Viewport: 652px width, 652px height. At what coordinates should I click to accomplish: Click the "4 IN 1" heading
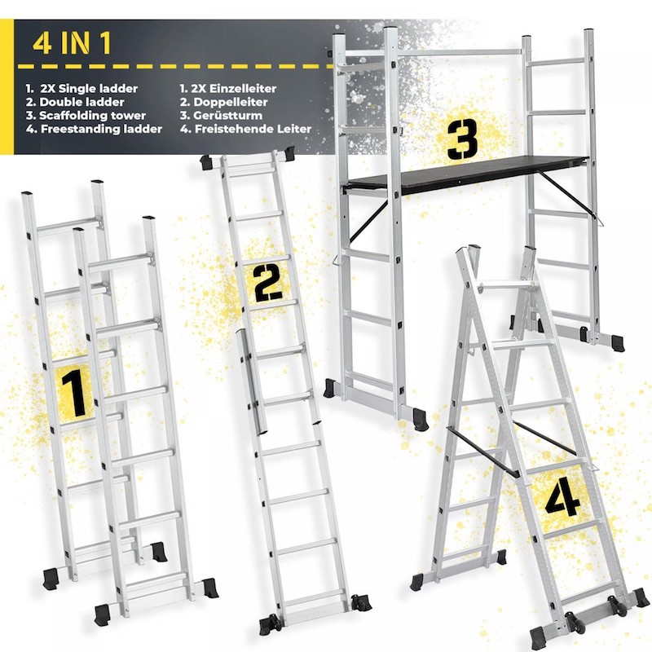click(72, 43)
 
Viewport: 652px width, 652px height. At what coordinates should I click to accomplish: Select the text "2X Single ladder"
click(89, 89)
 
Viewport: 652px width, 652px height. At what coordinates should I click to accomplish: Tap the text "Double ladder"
click(81, 102)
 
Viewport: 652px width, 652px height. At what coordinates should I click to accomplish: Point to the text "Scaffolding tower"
click(92, 115)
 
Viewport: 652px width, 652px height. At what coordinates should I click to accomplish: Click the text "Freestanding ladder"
click(101, 129)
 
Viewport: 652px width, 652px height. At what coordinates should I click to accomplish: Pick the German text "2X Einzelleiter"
click(235, 89)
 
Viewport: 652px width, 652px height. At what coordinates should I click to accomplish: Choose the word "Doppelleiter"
click(231, 102)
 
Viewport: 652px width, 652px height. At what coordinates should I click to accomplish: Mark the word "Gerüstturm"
click(228, 115)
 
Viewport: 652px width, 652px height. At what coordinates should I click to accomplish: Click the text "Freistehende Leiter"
click(253, 129)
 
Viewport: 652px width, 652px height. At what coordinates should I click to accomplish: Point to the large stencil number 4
click(562, 497)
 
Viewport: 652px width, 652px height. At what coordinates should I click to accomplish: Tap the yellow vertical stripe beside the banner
click(7, 87)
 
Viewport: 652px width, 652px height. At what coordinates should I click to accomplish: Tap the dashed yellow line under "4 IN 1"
click(174, 67)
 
